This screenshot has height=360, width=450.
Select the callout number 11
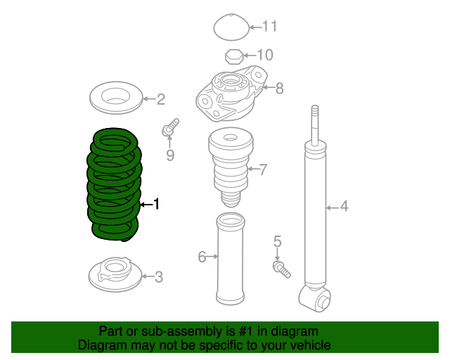coord(270,27)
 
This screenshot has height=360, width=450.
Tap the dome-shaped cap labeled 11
coord(231,27)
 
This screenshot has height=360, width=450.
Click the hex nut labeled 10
coord(234,56)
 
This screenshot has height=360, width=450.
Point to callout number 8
coord(280,88)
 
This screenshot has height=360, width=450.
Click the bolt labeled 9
coord(170,127)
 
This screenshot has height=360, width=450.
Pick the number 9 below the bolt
coord(170,155)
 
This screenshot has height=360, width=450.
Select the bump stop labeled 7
coord(231,167)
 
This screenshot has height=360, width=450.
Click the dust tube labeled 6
coord(231,258)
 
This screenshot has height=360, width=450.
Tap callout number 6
coord(202,257)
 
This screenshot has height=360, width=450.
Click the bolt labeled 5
coord(282,269)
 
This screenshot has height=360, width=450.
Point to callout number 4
coord(344,207)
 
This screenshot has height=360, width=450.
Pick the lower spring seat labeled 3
coord(115,274)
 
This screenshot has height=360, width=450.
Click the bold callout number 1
coord(156,204)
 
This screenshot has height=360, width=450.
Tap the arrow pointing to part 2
coord(149,99)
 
